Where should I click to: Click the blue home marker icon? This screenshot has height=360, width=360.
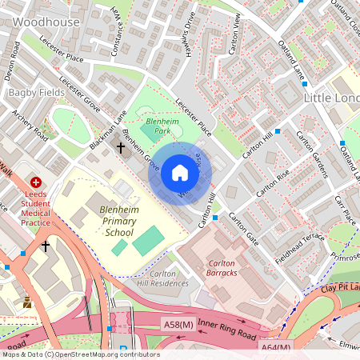click(x=180, y=173)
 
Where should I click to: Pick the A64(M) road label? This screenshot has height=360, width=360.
click(x=275, y=347)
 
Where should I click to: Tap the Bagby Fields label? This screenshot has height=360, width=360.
click(x=31, y=93)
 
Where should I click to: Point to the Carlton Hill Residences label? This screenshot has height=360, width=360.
click(x=162, y=277)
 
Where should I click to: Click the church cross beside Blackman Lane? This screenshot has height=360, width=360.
click(x=122, y=147)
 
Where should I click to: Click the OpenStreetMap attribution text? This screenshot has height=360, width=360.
click(x=80, y=354)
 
